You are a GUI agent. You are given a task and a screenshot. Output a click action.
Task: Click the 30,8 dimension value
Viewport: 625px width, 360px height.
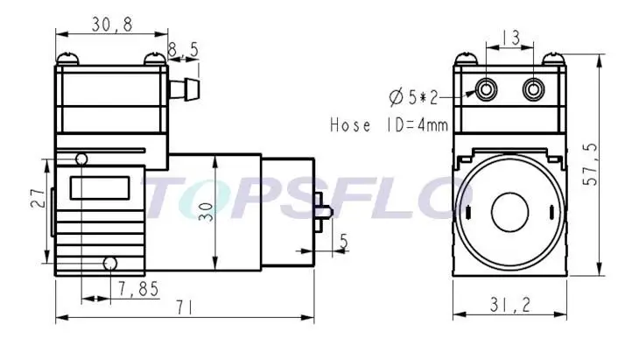112,25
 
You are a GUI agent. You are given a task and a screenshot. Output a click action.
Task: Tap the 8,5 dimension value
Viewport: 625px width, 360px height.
183,50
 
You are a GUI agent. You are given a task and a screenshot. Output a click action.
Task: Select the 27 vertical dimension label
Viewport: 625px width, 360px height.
38,198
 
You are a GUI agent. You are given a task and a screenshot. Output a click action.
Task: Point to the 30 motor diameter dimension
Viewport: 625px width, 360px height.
206,212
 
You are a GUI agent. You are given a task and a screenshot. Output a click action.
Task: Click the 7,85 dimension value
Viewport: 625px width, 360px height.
138,289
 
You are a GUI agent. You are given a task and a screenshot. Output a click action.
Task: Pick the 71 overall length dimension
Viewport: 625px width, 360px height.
184,307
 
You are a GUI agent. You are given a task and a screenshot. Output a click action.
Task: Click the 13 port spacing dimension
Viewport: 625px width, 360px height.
509,38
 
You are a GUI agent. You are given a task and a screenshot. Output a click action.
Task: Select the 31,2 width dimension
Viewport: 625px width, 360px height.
510,306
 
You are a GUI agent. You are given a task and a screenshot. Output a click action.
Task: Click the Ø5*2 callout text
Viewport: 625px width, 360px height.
413,97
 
